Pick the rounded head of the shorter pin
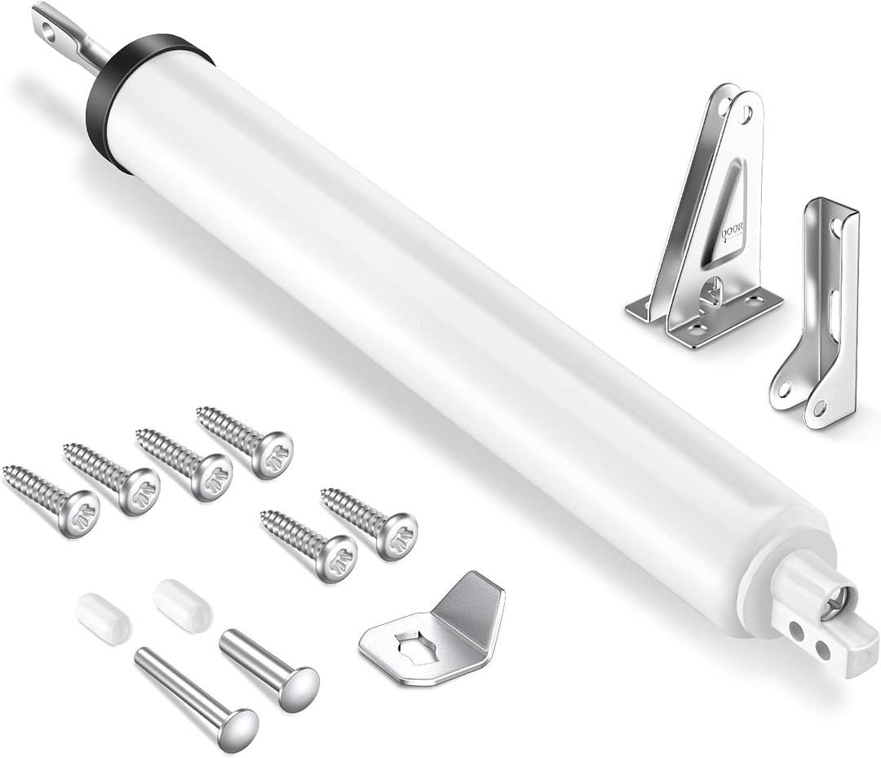click(298, 687)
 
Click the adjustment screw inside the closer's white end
click(833, 605)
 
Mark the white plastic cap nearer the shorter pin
click(182, 605)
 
